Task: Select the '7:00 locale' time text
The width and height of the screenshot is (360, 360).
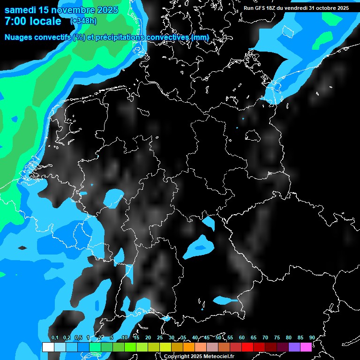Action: pyautogui.click(x=33, y=21)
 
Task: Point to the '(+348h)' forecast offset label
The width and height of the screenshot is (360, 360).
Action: pyautogui.click(x=84, y=21)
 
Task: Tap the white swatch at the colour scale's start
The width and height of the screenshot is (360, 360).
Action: pyautogui.click(x=48, y=347)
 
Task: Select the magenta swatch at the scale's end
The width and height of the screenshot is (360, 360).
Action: pyautogui.click(x=306, y=347)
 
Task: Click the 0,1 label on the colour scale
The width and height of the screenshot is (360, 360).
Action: pyautogui.click(x=55, y=338)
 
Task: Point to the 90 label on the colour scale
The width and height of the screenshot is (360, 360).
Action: pyautogui.click(x=312, y=338)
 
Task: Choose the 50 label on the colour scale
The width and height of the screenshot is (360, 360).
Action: pyautogui.click(x=218, y=338)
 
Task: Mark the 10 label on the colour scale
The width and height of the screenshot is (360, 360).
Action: pyautogui.click(x=124, y=338)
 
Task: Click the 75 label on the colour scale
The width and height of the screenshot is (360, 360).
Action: pyautogui.click(x=277, y=338)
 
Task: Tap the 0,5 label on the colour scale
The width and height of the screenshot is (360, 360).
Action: pyautogui.click(x=78, y=338)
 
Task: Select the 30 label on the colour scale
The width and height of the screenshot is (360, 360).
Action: pyautogui.click(x=172, y=338)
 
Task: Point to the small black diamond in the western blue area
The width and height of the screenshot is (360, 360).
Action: pyautogui.click(x=22, y=247)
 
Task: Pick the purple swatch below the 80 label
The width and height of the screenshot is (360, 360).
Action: pyautogui.click(x=294, y=347)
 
